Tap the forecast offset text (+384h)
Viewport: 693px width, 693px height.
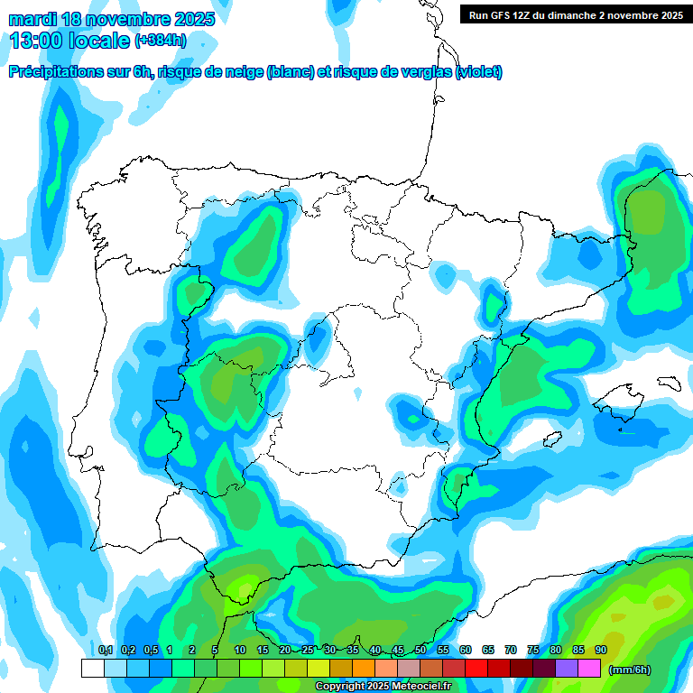click(x=160, y=41)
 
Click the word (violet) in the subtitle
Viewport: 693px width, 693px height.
click(x=479, y=72)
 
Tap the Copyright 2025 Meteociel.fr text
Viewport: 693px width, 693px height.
click(x=383, y=686)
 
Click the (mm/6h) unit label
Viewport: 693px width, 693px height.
click(x=630, y=670)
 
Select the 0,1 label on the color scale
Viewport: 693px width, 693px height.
click(x=106, y=651)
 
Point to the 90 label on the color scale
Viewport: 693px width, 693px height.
click(x=601, y=651)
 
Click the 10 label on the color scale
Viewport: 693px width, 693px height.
click(x=240, y=651)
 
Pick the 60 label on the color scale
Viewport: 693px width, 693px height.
click(x=466, y=651)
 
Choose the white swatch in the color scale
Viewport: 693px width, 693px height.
click(x=92, y=669)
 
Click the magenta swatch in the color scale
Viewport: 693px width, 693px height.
click(x=589, y=669)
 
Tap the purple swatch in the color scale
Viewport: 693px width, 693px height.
click(x=567, y=669)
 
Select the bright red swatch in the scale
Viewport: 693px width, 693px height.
click(x=476, y=669)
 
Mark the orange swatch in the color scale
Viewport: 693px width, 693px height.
click(x=364, y=669)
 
